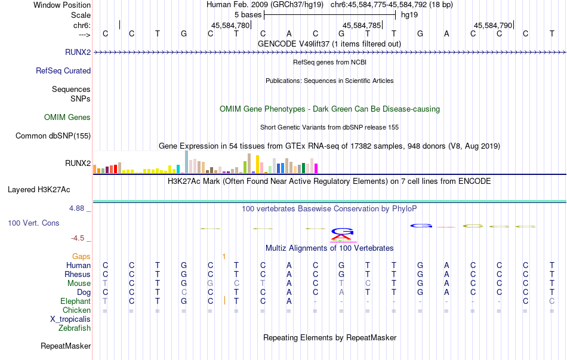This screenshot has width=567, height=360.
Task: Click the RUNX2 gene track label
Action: tap(78, 52)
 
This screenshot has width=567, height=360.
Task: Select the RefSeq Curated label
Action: tap(63, 70)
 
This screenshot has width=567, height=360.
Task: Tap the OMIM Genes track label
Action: tap(67, 118)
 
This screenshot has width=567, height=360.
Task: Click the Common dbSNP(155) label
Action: tap(53, 136)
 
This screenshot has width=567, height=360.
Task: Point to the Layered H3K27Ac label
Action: tap(39, 190)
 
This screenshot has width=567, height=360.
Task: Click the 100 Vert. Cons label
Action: tap(33, 223)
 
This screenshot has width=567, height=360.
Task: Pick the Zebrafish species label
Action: tap(75, 328)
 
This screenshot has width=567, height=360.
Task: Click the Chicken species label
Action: tap(76, 310)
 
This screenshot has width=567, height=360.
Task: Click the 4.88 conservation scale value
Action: tap(78, 208)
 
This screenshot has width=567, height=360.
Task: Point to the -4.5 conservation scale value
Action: tap(78, 238)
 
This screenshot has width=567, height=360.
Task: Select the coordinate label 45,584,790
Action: tap(493, 25)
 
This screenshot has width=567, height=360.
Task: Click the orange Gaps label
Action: tap(81, 256)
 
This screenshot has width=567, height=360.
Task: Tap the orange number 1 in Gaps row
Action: tap(224, 256)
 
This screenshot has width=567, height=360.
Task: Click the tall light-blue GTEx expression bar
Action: tap(187, 162)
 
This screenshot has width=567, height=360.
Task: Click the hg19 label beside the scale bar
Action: tap(409, 14)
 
